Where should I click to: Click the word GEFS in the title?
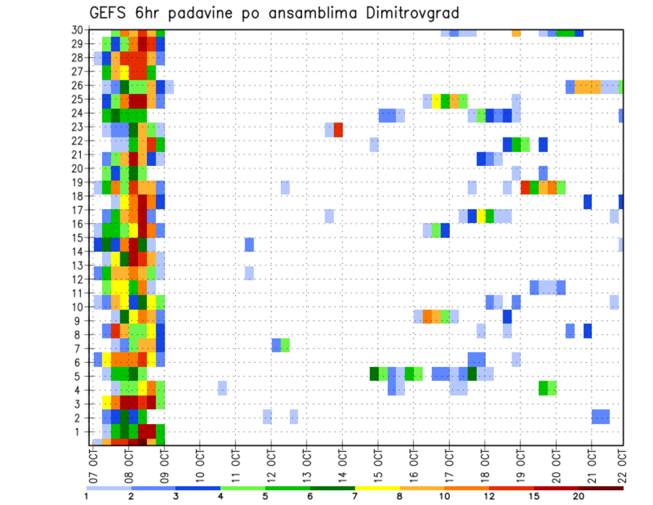[x=110, y=13]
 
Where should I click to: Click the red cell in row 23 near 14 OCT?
[x=338, y=129]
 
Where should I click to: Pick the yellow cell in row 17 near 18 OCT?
[x=481, y=216]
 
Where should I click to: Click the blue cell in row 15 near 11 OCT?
[x=249, y=244]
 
